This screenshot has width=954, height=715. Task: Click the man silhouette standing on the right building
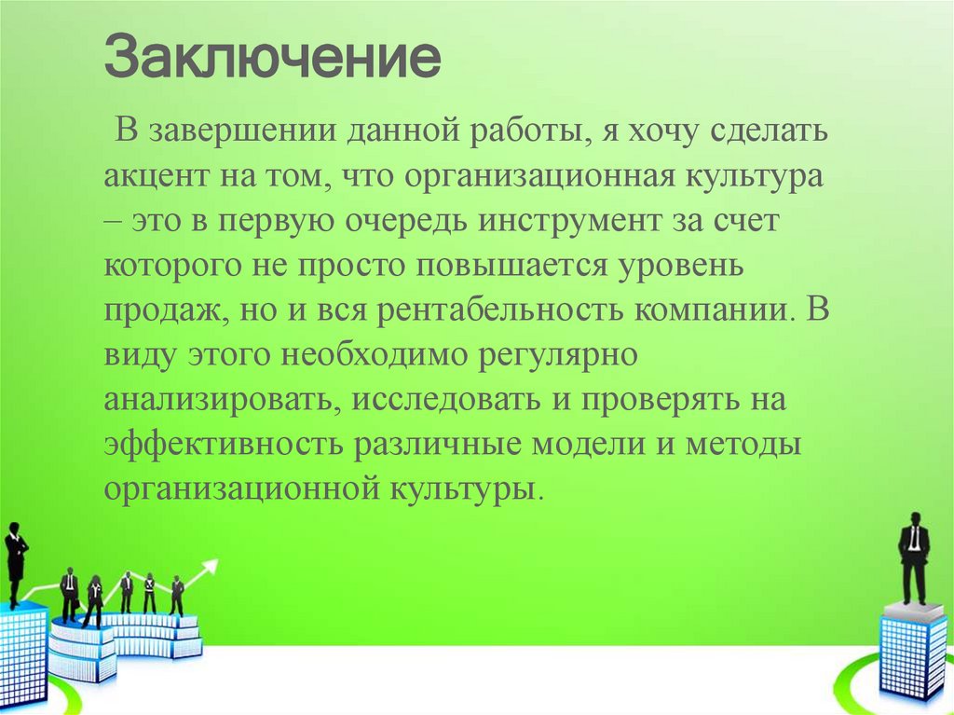(x=914, y=557)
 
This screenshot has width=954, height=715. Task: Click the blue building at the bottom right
(x=913, y=657)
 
